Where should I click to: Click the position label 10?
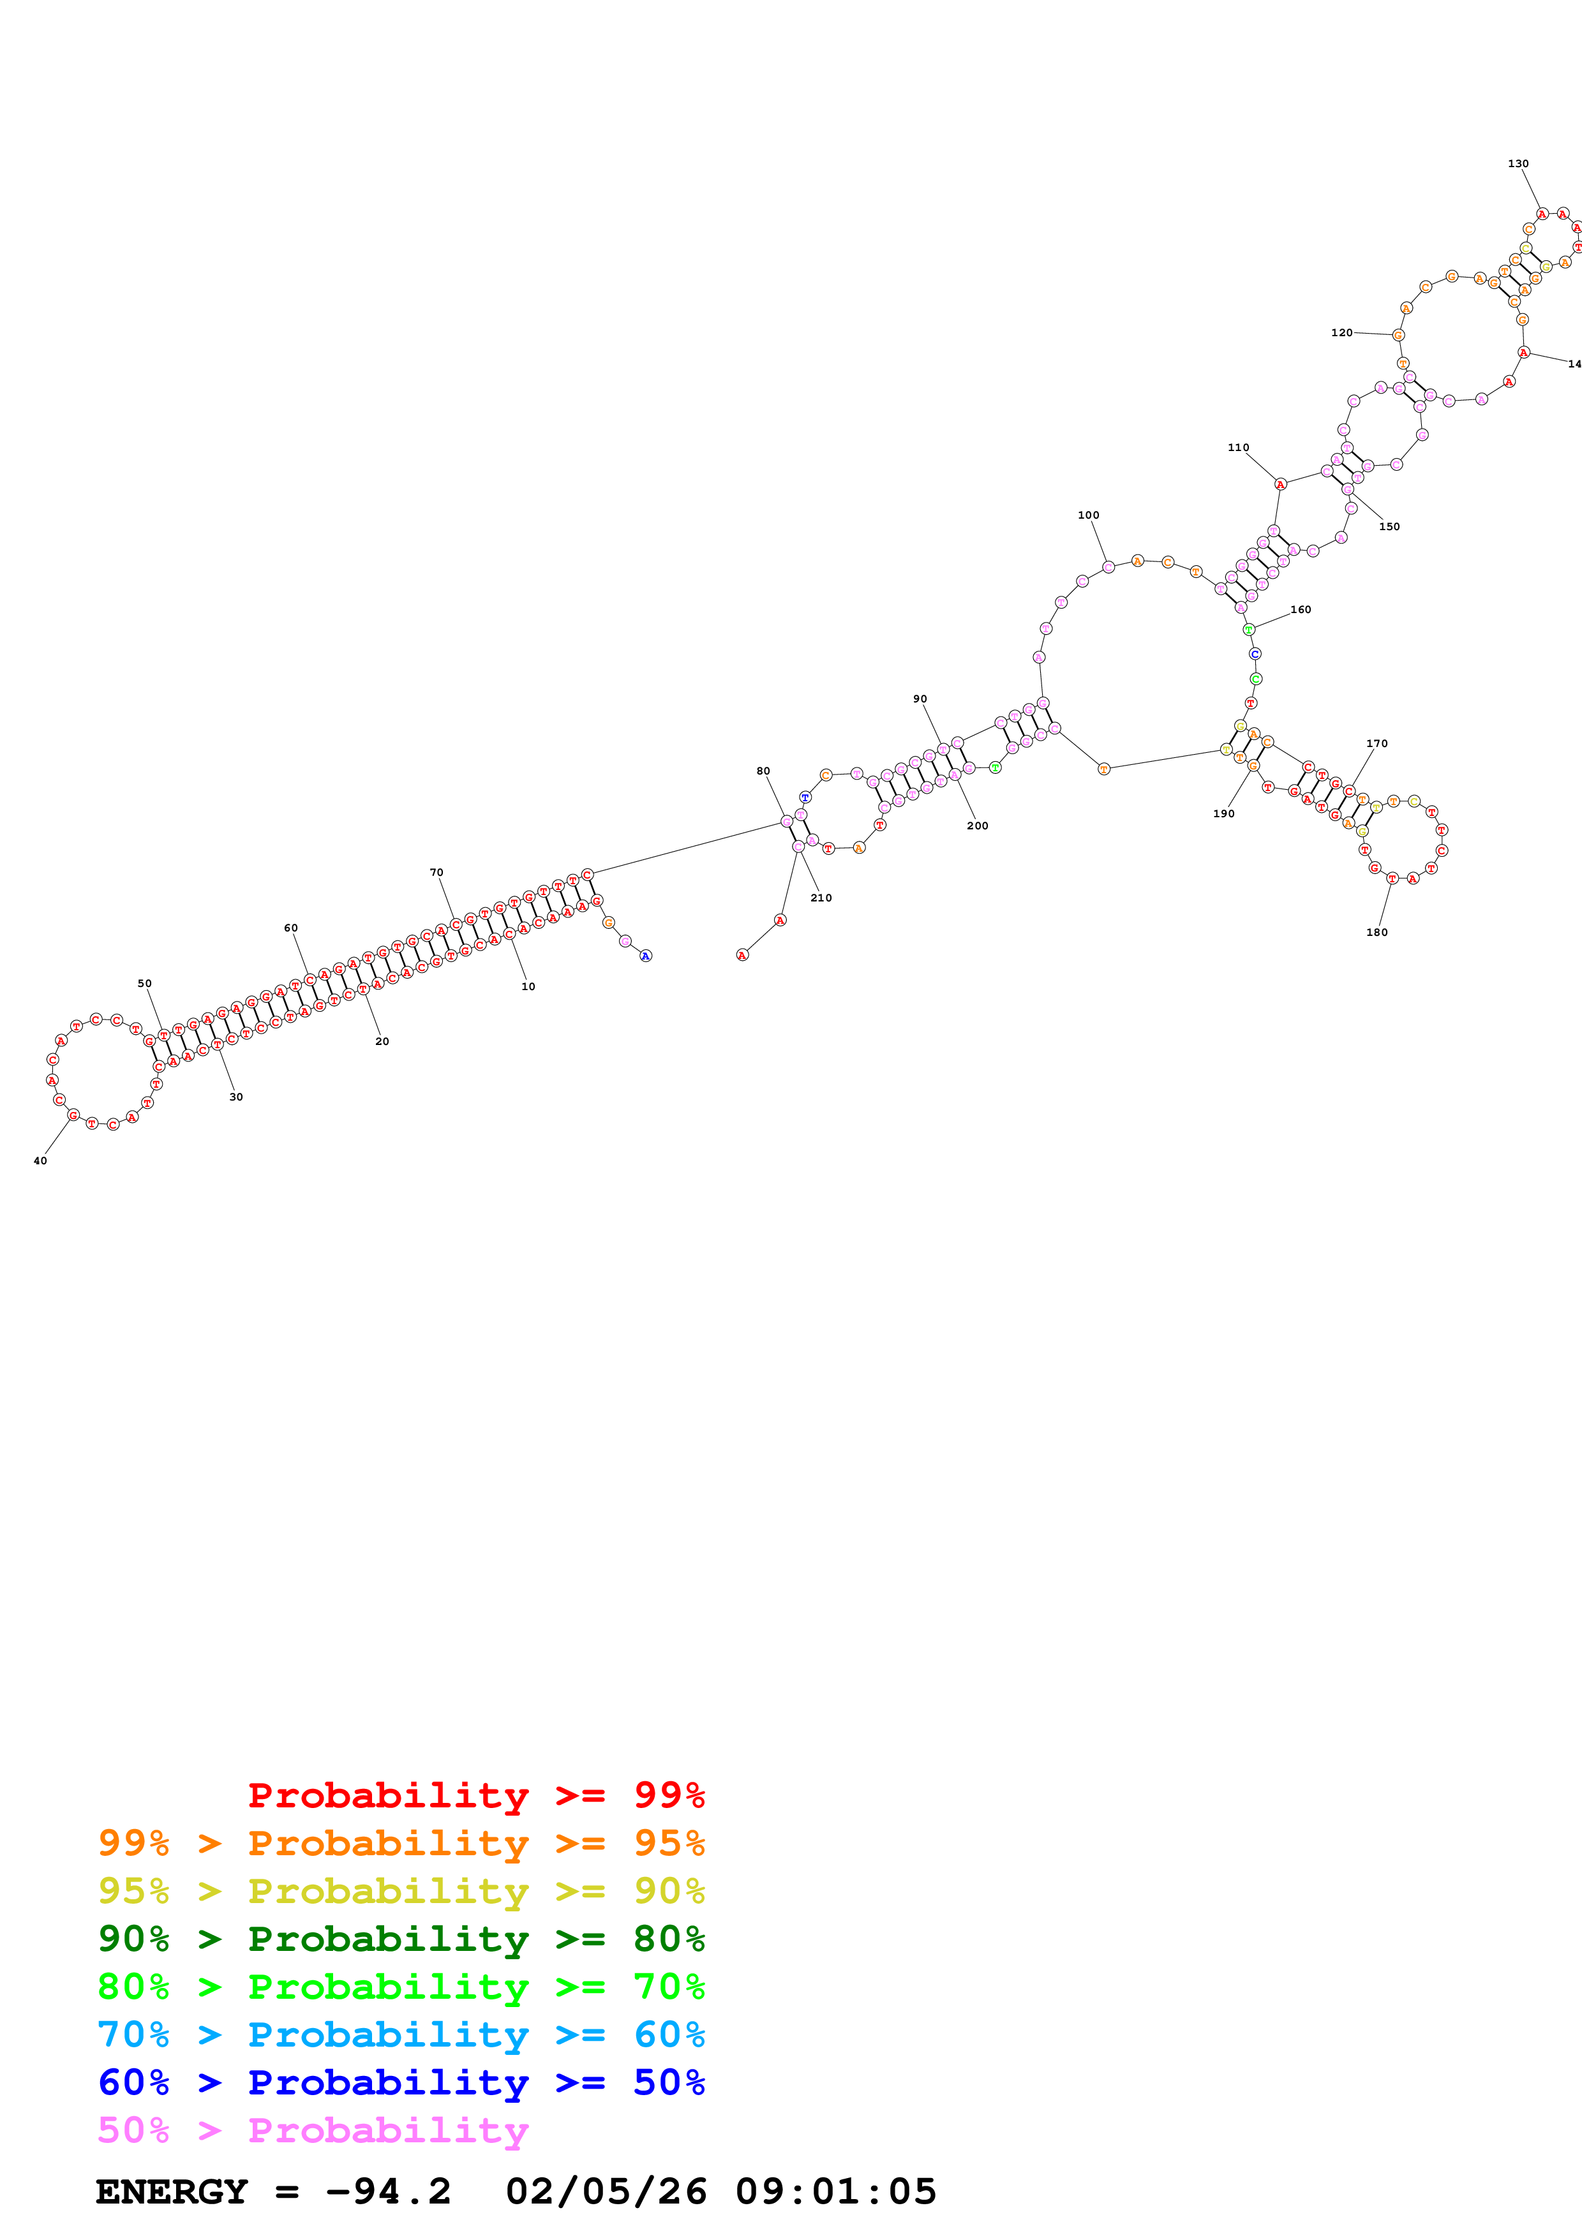[527, 986]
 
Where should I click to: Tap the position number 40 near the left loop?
[40, 1161]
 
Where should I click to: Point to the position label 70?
[436, 872]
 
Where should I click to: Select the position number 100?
[1088, 515]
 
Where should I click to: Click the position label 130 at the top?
[1518, 164]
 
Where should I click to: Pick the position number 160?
[1301, 609]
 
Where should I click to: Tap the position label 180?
[1377, 932]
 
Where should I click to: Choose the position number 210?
[821, 898]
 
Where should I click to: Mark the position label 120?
[1341, 332]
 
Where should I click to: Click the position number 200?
[976, 826]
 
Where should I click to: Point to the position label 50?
[144, 984]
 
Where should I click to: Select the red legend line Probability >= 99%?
[475, 1795]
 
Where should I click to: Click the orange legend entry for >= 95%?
[401, 1843]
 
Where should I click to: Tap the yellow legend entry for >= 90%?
[401, 1891]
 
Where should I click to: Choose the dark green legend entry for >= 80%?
[401, 1939]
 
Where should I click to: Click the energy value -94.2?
[388, 2191]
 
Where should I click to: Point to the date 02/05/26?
[606, 2191]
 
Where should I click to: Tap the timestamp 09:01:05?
[835, 2191]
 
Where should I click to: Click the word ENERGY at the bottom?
[172, 2191]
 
